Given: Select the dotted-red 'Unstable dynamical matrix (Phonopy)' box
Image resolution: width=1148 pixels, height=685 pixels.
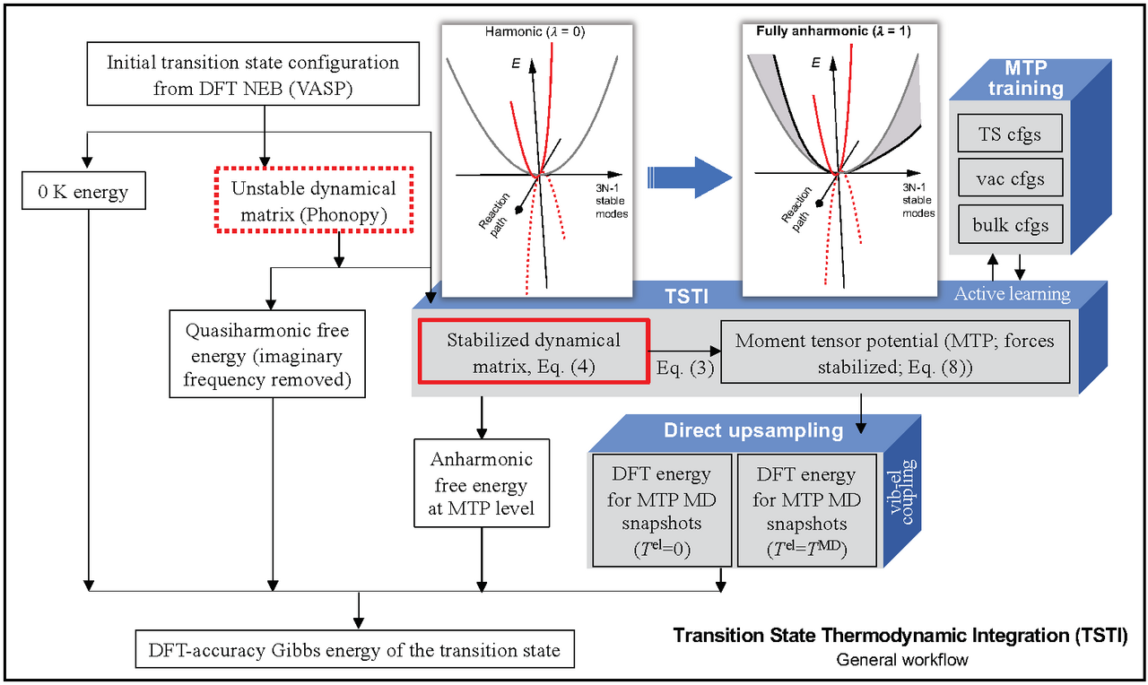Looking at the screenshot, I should point(312,200).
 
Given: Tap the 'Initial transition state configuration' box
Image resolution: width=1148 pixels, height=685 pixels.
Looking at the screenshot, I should point(253,75).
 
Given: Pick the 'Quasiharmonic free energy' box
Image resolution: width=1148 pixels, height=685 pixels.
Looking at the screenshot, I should point(266,355).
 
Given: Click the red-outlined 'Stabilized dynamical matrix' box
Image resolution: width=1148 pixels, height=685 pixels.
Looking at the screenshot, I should point(533,352).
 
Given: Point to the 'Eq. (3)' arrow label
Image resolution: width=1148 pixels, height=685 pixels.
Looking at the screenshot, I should point(684,369).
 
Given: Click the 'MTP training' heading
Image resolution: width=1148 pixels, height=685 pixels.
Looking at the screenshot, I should point(1022,79).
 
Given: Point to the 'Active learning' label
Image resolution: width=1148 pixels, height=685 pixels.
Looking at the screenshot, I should point(1012,294).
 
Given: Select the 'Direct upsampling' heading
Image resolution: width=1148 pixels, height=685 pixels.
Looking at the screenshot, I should point(753,430).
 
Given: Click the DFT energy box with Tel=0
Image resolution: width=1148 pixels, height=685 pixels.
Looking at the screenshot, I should point(662,510).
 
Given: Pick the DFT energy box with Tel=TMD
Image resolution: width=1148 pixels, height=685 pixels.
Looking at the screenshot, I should point(805,510).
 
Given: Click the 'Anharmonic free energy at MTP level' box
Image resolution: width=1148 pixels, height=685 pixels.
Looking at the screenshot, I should point(481,484).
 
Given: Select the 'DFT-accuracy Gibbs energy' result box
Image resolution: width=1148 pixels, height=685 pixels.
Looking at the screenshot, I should point(355,649).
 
